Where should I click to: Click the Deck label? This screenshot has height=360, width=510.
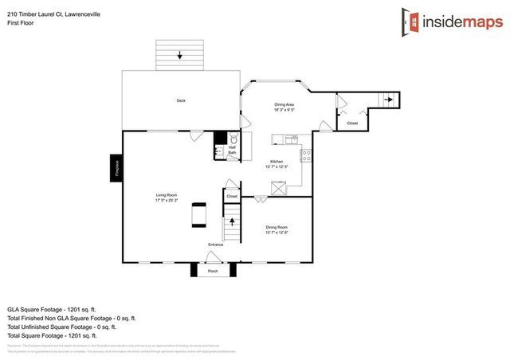pos(181,100)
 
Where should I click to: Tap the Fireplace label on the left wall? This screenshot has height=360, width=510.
pos(115,168)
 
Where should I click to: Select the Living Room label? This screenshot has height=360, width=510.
pos(166,197)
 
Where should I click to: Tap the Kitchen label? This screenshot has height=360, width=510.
pos(276,164)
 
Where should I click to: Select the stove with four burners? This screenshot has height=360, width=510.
pos(304,155)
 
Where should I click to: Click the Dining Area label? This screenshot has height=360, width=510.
pos(285,106)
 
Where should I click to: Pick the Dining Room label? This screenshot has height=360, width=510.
pos(277,229)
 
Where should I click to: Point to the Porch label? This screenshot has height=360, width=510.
pos(213,271)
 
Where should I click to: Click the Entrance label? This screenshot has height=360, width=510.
pos(216,244)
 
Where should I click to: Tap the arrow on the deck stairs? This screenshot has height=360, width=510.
pos(180,55)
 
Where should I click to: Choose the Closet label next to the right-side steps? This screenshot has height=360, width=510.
pos(351,123)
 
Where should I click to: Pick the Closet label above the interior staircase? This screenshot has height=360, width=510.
pos(232,195)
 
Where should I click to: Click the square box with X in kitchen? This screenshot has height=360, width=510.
pos(280,188)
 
